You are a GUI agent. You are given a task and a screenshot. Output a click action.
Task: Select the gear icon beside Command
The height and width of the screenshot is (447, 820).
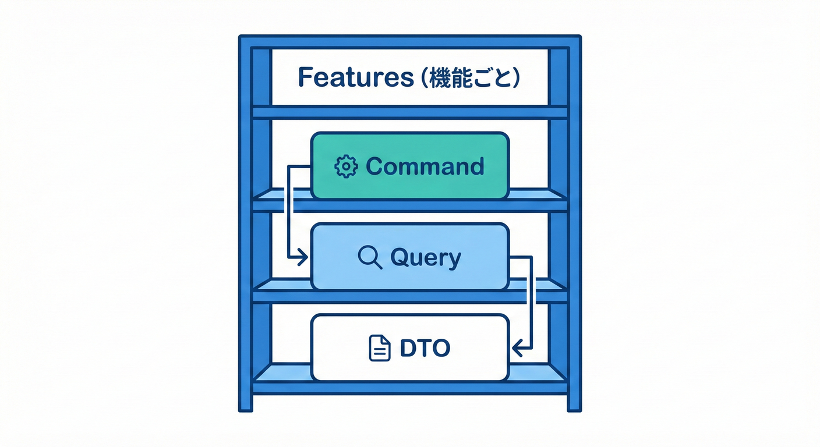(x=346, y=166)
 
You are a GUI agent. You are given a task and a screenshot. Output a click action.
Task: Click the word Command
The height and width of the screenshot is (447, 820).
(x=425, y=166)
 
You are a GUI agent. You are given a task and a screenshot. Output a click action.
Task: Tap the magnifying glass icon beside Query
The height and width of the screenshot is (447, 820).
(x=370, y=257)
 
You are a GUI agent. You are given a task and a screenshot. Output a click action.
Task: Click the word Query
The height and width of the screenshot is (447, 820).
(x=425, y=257)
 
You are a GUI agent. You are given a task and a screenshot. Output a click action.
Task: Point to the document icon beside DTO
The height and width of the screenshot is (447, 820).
(x=380, y=348)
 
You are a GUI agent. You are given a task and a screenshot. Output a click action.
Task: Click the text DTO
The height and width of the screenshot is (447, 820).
(x=425, y=348)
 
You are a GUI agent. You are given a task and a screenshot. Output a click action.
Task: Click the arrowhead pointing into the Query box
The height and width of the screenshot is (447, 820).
(x=302, y=257)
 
